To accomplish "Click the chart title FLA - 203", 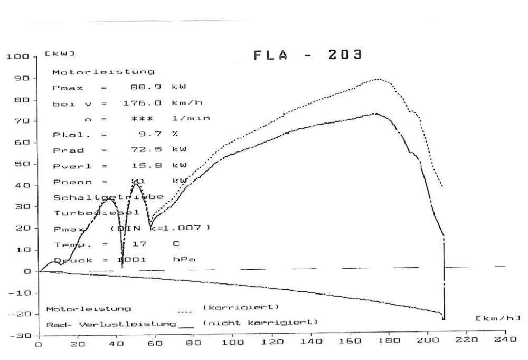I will point(308,55).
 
